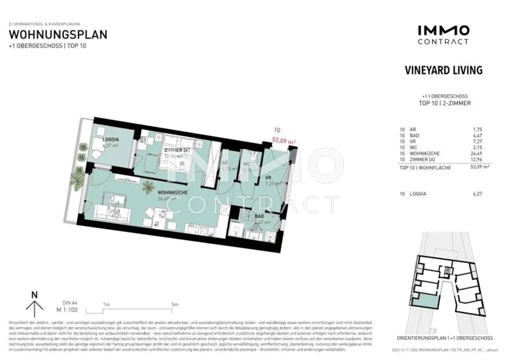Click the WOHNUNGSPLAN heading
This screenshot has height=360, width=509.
click(x=58, y=35)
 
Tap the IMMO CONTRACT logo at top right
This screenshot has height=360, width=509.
click(x=443, y=35)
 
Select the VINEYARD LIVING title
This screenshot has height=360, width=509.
click(x=443, y=70)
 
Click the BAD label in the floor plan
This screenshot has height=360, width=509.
click(x=259, y=217)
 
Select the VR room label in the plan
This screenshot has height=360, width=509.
click(x=268, y=178)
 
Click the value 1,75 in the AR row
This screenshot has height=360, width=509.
click(x=477, y=129)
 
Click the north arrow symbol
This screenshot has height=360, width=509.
click(x=34, y=305)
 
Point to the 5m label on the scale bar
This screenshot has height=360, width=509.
click(x=174, y=304)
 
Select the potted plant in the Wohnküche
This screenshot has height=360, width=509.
click(x=148, y=187)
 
